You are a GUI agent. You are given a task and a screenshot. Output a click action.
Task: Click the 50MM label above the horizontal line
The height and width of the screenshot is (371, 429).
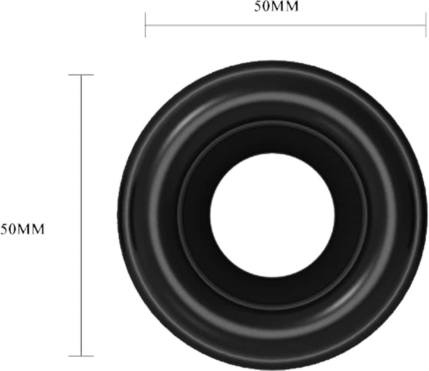pos(276,7)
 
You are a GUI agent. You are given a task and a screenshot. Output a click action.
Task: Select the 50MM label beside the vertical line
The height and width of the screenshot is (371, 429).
pos(22,229)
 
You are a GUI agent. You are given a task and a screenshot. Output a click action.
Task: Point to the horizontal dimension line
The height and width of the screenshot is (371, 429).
pos(286,25)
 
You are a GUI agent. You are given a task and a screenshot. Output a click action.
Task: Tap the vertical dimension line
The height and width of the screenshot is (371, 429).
pos(81,215)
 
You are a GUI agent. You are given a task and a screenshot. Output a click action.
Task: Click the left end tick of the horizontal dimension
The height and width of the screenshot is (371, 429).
pos(145,25)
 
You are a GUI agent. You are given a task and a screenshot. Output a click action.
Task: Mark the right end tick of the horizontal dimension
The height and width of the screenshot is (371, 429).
pos(426,25)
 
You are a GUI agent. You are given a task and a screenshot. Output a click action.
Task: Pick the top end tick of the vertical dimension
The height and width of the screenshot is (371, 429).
pos(81,74)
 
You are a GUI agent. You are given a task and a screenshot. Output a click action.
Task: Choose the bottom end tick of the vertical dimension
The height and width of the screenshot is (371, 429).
pos(81,356)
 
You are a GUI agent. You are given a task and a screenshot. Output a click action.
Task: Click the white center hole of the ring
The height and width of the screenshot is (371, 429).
pos(272,215)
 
